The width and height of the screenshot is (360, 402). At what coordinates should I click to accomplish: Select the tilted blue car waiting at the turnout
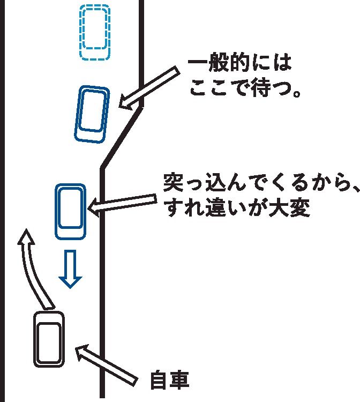(x=91, y=114)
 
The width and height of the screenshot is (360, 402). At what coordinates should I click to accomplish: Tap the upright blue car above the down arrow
(x=70, y=211)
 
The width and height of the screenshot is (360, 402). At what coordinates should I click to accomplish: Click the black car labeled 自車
(x=49, y=338)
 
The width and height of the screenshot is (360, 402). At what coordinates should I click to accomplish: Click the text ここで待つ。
(x=244, y=89)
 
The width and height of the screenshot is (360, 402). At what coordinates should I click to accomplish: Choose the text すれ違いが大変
(x=238, y=208)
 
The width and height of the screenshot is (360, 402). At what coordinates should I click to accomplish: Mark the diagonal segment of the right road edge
(x=122, y=137)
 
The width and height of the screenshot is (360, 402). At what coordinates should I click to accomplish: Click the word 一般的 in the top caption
(x=220, y=65)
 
